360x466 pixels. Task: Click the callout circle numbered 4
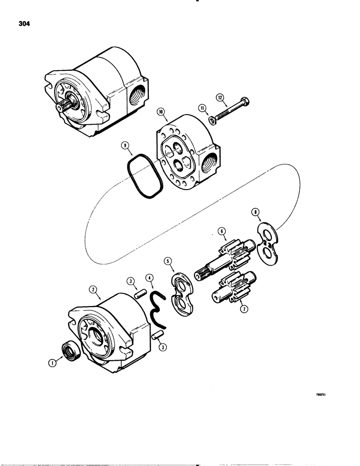pos(149,281)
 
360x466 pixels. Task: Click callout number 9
pos(125,146)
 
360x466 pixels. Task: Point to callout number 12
pos(220,97)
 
